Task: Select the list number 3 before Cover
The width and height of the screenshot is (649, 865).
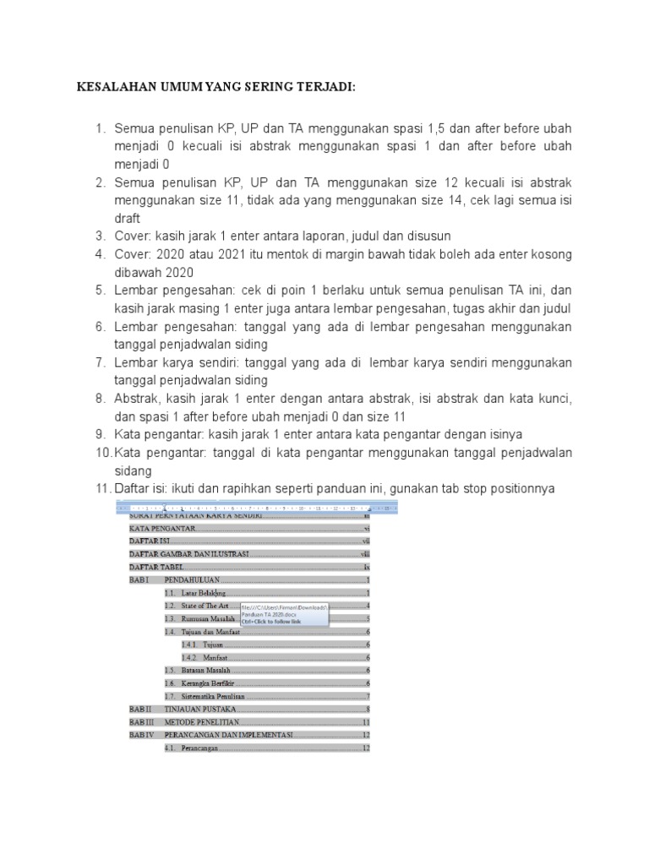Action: tap(99, 236)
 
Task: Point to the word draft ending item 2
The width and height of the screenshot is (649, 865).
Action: tap(128, 218)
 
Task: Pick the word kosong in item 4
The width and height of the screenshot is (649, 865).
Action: tap(549, 254)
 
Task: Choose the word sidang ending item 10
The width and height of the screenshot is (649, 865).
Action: tap(134, 471)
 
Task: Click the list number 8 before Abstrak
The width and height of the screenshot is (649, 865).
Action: tap(99, 399)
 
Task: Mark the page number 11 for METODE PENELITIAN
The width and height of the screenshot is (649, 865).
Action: tap(366, 722)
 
